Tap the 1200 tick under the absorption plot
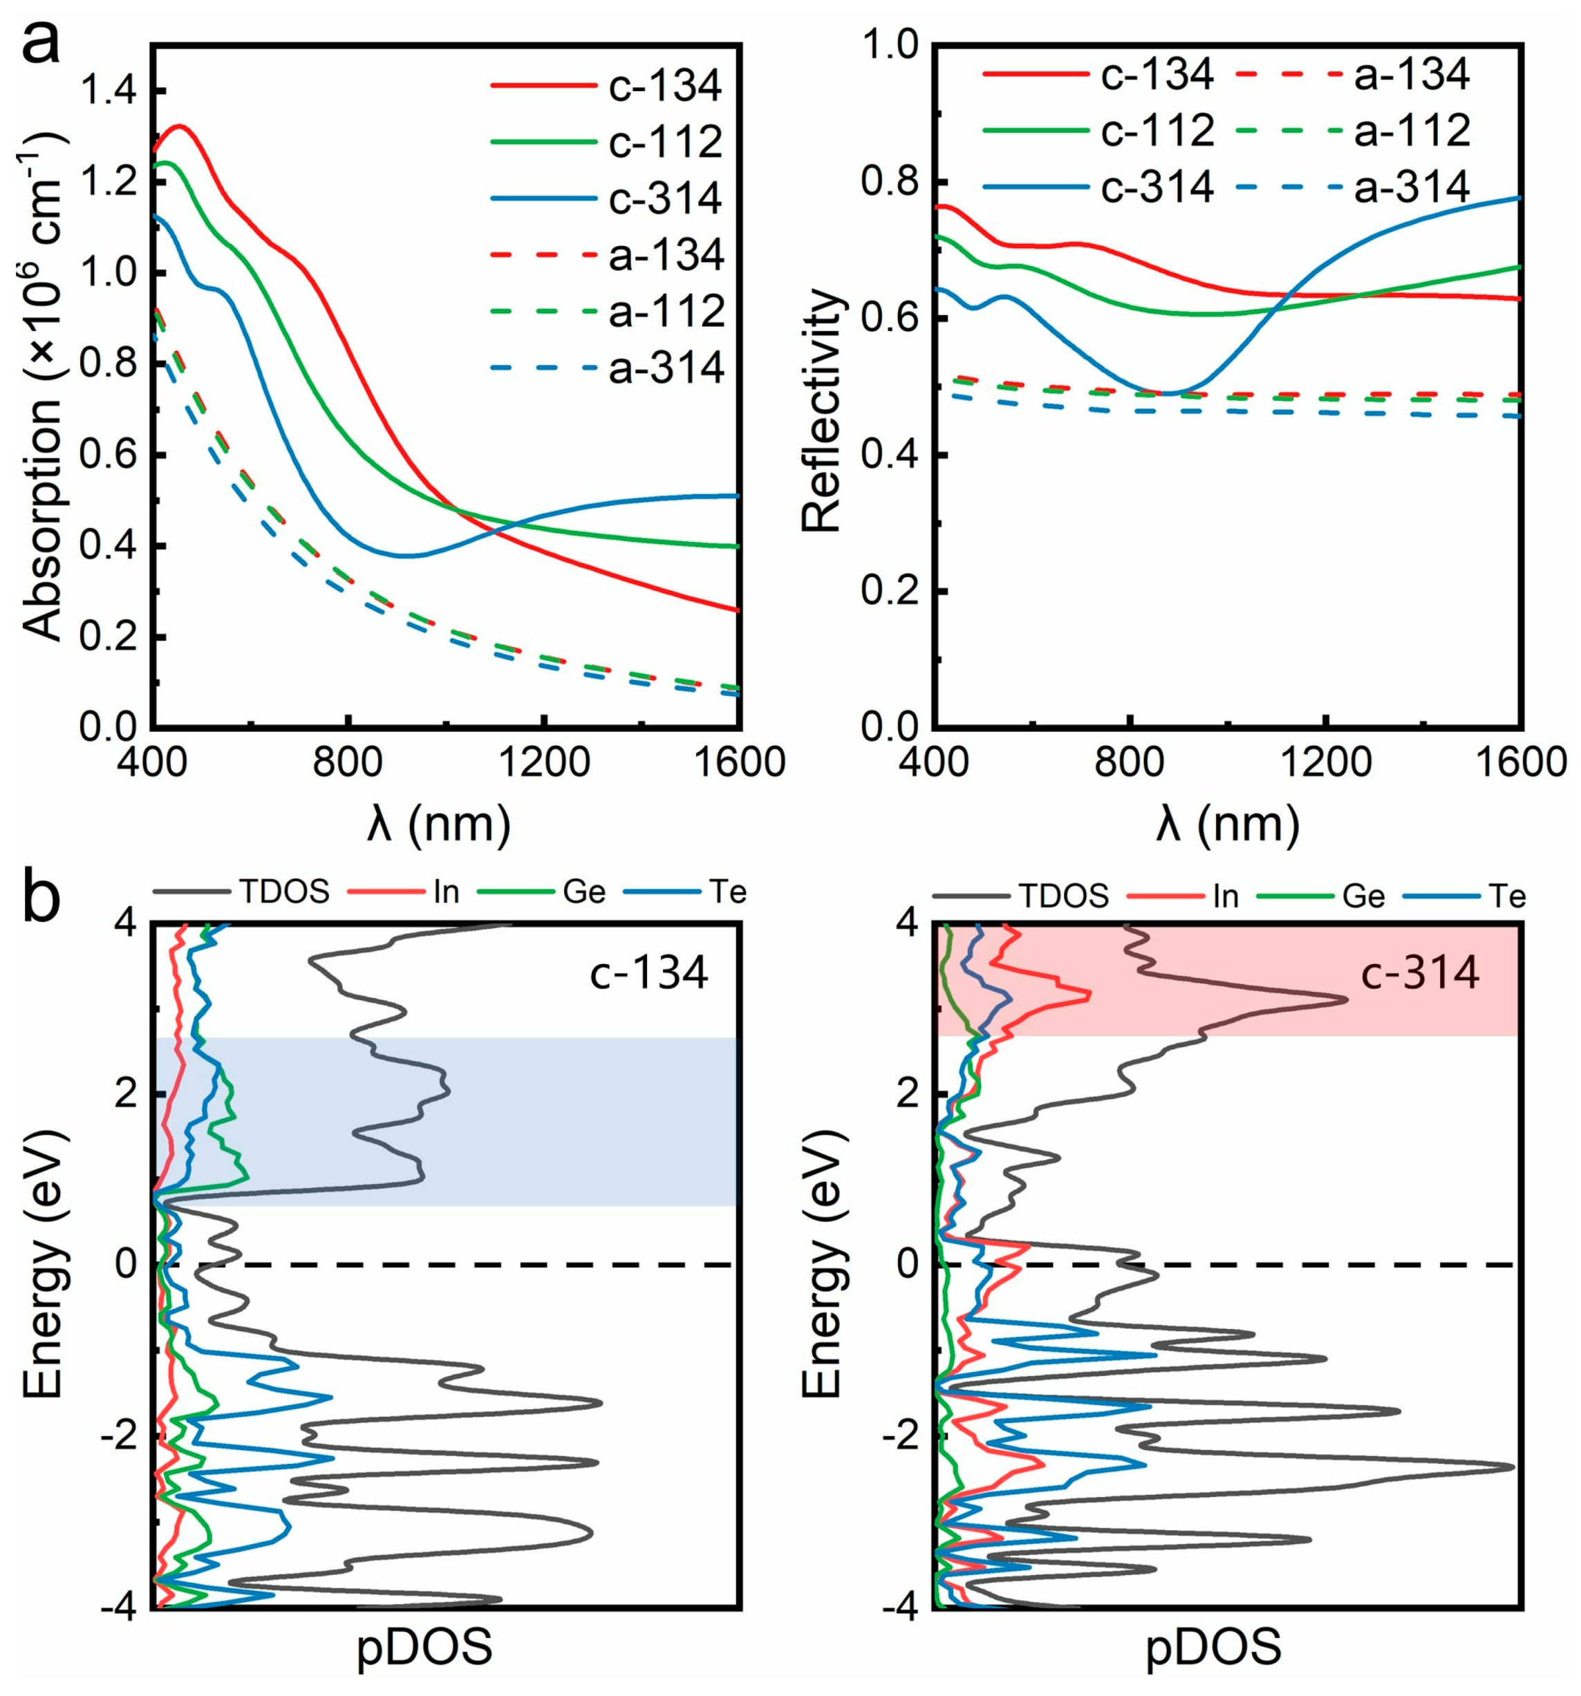(x=543, y=762)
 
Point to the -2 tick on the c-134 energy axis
(x=124, y=1435)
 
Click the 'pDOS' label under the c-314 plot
(x=1213, y=1648)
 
